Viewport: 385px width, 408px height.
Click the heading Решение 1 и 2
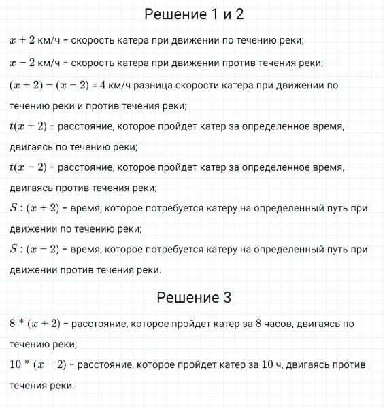(x=194, y=14)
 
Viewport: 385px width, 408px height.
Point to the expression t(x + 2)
(x=27, y=126)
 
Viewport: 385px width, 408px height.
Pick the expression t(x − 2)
(x=27, y=167)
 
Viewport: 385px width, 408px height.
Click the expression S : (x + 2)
(x=35, y=208)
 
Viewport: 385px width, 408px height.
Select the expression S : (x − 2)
(x=35, y=250)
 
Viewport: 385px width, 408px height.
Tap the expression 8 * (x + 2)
(x=35, y=324)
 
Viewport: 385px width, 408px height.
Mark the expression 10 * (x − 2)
(x=37, y=365)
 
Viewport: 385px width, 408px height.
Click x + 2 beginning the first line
(x=22, y=40)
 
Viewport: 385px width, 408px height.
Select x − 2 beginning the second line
(x=22, y=63)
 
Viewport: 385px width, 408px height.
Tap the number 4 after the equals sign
(x=101, y=86)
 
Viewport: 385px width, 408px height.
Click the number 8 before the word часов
(x=259, y=324)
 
